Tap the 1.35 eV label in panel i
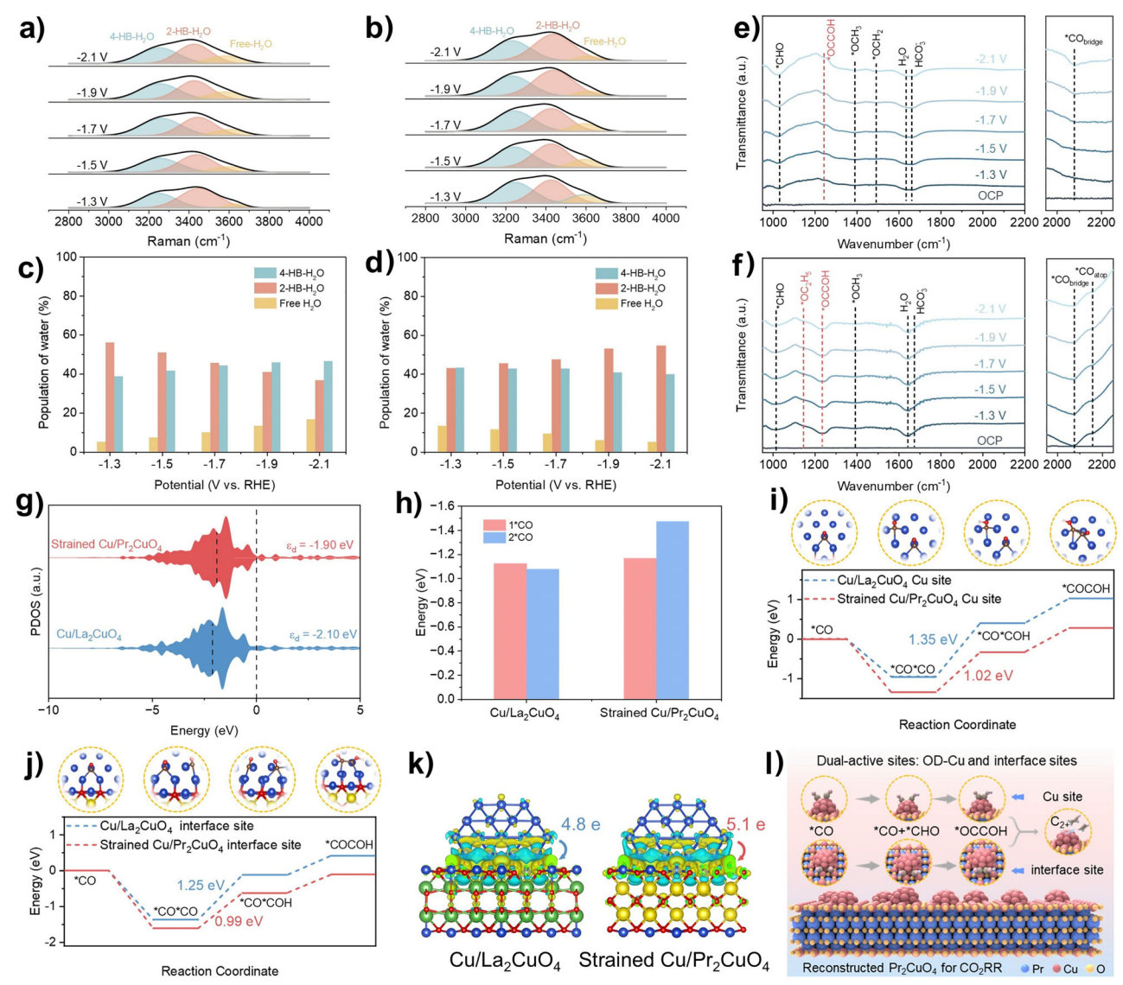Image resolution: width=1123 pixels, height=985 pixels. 933,640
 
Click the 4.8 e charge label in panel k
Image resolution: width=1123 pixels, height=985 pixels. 580,824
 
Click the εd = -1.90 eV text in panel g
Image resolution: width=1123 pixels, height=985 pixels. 322,545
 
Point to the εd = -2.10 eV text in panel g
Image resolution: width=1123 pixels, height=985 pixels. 322,634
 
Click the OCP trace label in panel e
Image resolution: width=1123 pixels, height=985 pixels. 990,195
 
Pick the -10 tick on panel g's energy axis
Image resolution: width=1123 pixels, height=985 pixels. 48,710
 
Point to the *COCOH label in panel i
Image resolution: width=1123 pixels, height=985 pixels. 1087,588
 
